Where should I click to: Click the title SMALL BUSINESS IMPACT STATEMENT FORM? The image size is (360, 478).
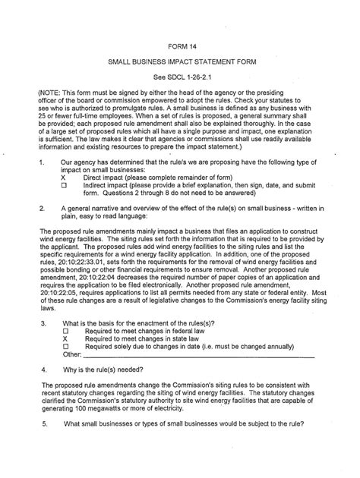[x=181, y=41]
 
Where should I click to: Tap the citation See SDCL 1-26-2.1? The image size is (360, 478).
[x=181, y=57]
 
